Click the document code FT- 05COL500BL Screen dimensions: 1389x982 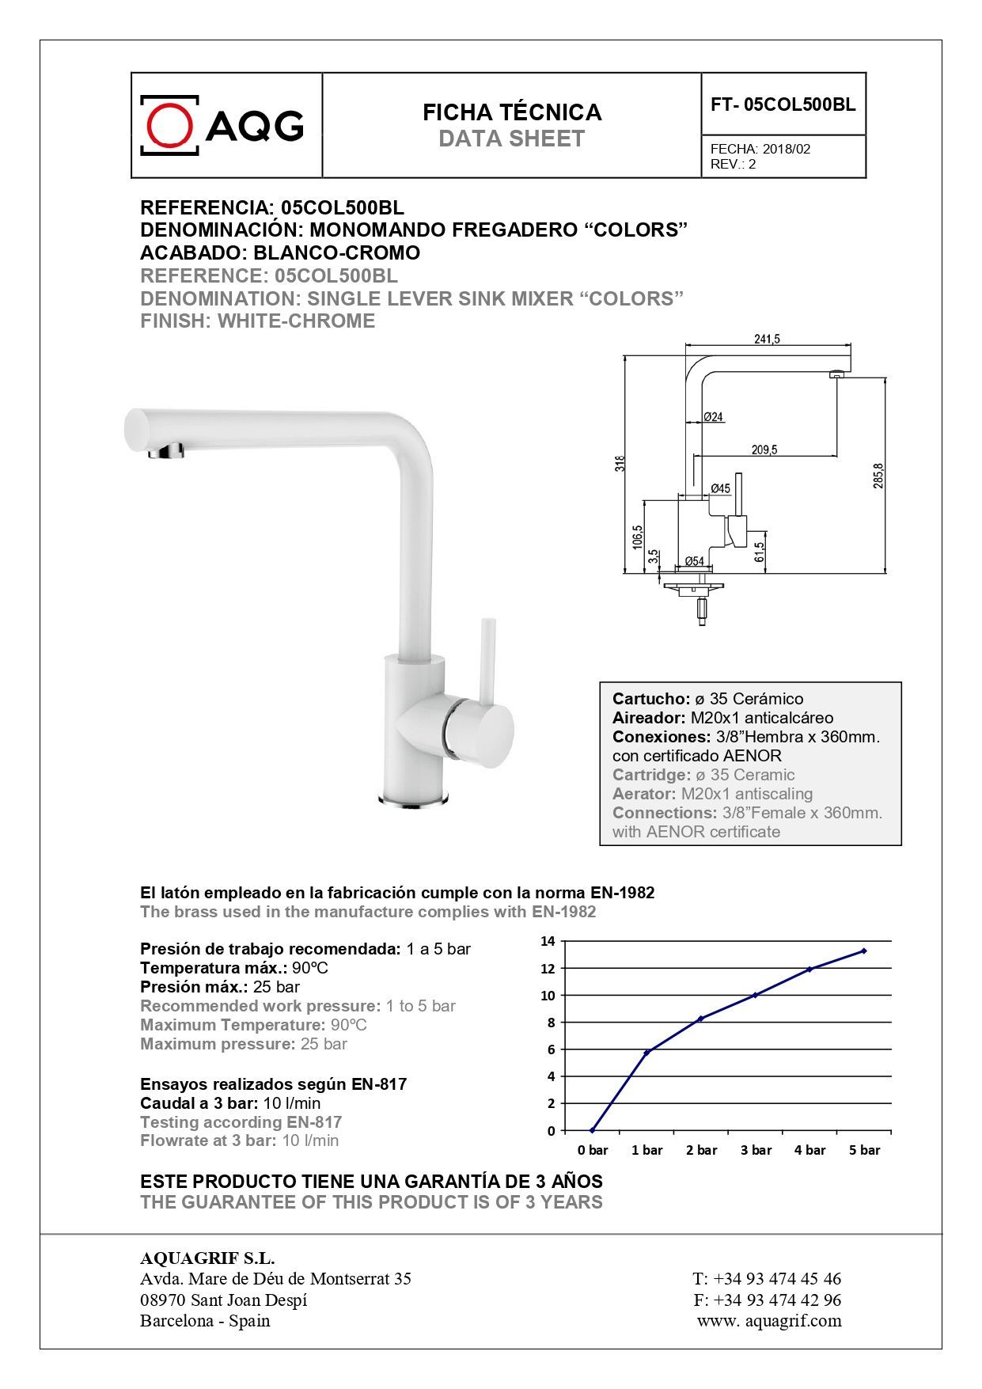pos(783,104)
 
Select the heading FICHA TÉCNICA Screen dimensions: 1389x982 pos(512,112)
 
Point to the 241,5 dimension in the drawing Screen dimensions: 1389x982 pos(767,339)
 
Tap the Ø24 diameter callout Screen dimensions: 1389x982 pos(713,417)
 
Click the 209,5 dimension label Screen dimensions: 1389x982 pos(764,450)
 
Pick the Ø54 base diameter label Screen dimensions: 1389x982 pos(694,561)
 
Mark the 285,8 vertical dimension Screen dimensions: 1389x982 pos(878,475)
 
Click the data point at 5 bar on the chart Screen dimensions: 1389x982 pos(863,951)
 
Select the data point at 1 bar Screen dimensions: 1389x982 pos(647,1052)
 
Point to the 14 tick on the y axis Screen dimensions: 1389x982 pos(548,941)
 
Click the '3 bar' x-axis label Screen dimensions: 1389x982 pos(756,1150)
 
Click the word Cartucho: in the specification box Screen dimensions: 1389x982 pos(651,699)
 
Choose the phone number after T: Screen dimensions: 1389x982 pos(777,1278)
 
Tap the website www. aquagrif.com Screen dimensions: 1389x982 pos(769,1320)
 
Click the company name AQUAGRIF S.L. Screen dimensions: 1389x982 pos(207,1258)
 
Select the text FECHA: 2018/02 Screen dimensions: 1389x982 pos(760,149)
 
